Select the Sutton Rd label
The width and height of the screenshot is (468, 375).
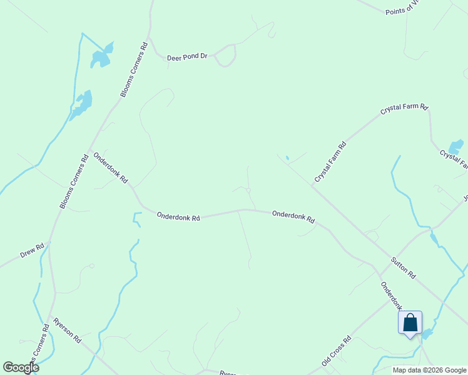click(403, 267)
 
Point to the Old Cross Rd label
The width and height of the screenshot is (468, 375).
click(337, 352)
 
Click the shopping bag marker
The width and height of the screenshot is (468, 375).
click(410, 323)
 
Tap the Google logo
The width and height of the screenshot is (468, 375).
click(21, 367)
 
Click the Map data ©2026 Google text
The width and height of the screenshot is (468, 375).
click(430, 370)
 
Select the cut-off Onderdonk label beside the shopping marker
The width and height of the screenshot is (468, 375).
click(391, 296)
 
